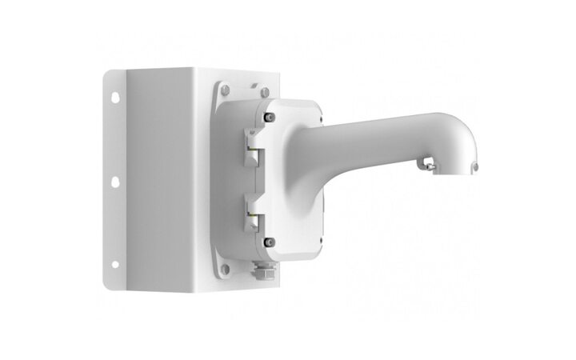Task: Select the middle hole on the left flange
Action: (x=114, y=182)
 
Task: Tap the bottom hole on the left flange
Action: (x=114, y=263)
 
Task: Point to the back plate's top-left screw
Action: (x=226, y=88)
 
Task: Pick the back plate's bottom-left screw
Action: (x=225, y=269)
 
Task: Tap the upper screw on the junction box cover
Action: (x=270, y=118)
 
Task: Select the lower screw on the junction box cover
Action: (x=270, y=242)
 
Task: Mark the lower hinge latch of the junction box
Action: (x=249, y=216)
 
